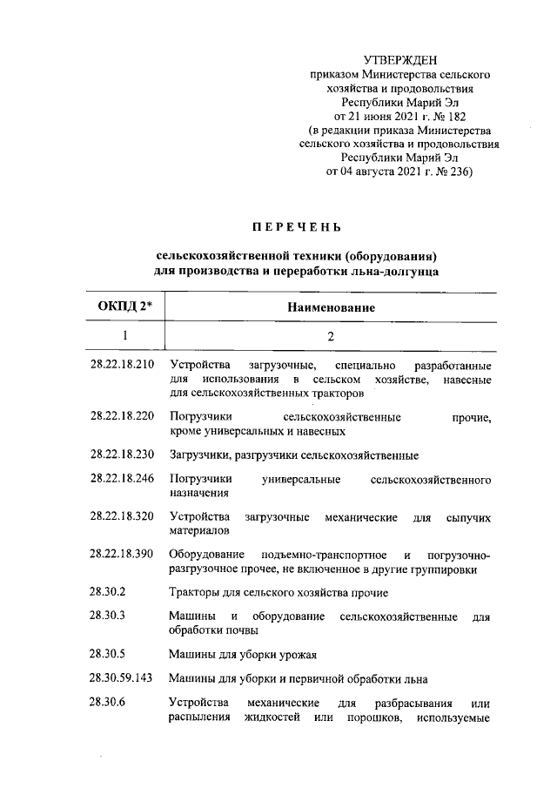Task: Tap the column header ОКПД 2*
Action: pyautogui.click(x=124, y=307)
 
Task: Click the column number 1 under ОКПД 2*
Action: pyautogui.click(x=124, y=335)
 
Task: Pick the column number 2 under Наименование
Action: pyautogui.click(x=330, y=335)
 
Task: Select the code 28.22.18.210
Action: pyautogui.click(x=122, y=363)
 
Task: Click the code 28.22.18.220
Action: pyautogui.click(x=122, y=417)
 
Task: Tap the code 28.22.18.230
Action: pyautogui.click(x=122, y=454)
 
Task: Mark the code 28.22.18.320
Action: pyautogui.click(x=122, y=516)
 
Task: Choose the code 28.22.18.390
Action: pyautogui.click(x=122, y=554)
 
